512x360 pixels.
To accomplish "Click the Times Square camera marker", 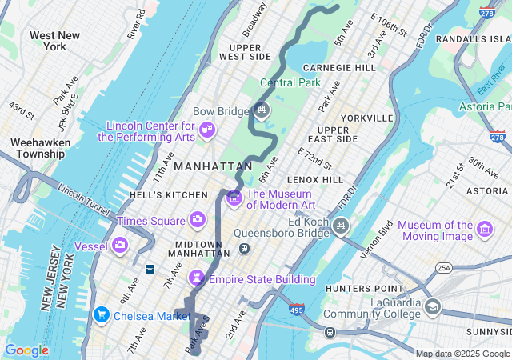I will [x=197, y=219].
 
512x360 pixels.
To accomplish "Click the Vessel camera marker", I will [x=120, y=245].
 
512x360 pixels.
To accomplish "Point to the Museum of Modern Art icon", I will [x=234, y=198].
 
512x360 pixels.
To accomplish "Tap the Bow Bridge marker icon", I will [x=262, y=110].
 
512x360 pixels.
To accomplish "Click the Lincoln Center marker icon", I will [x=207, y=130].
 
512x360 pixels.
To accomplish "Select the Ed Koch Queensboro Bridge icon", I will [x=342, y=226].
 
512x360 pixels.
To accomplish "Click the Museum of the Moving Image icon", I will [x=484, y=230].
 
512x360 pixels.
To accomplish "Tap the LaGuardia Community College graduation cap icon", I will [x=433, y=306].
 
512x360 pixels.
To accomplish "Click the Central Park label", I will [x=290, y=82].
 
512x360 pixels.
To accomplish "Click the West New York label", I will [x=54, y=42].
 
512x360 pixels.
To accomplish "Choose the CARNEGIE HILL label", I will [x=339, y=68].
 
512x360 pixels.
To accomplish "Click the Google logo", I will [x=26, y=350].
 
